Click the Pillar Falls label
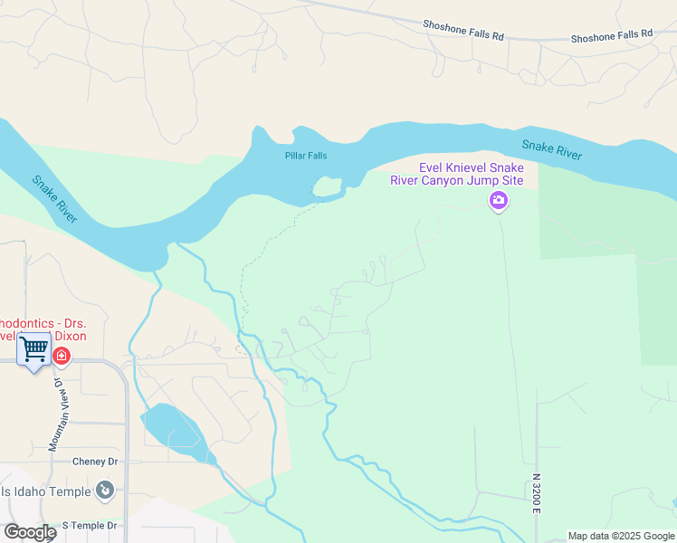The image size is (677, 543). coord(305,156)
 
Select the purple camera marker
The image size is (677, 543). coord(498,201)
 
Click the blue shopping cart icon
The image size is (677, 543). coord(33,348)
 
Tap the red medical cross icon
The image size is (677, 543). coord(61,357)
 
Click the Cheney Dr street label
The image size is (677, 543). coord(95,461)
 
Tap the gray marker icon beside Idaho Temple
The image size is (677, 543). coord(106,491)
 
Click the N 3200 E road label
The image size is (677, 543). coord(536,493)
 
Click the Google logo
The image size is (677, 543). coord(30,532)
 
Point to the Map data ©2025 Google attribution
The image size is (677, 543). coord(620,536)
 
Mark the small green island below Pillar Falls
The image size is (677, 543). coord(327,187)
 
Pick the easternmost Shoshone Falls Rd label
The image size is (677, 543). coord(611,36)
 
